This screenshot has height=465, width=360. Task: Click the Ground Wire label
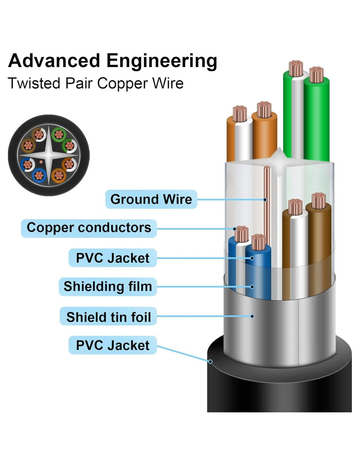click(x=151, y=199)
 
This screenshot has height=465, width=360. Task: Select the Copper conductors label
click(x=89, y=228)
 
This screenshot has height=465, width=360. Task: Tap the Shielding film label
click(x=108, y=286)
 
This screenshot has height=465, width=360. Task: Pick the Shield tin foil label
click(x=108, y=317)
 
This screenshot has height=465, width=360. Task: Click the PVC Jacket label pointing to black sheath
click(x=113, y=345)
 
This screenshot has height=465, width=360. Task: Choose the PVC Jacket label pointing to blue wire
click(x=113, y=258)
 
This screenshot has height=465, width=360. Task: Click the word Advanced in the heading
click(x=54, y=61)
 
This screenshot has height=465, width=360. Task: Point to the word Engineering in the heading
click(x=162, y=61)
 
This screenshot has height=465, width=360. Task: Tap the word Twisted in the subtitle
click(x=34, y=83)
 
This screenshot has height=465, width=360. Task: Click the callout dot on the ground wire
click(x=265, y=199)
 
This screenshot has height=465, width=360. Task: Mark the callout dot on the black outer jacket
click(x=210, y=361)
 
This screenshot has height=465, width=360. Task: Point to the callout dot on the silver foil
click(x=252, y=316)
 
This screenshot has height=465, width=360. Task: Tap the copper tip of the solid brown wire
click(x=318, y=200)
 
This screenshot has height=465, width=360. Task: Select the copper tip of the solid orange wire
click(x=264, y=109)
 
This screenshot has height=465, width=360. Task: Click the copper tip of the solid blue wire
click(x=258, y=242)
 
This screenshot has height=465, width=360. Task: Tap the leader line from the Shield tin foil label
click(x=203, y=316)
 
